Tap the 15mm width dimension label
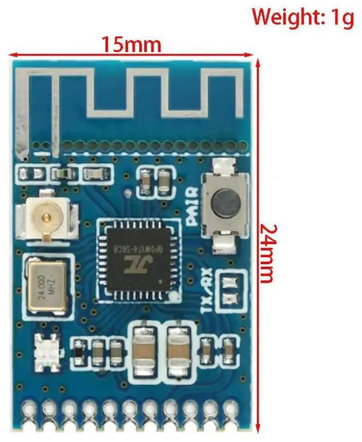pos(131,44)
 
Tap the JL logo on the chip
pos(136,264)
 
